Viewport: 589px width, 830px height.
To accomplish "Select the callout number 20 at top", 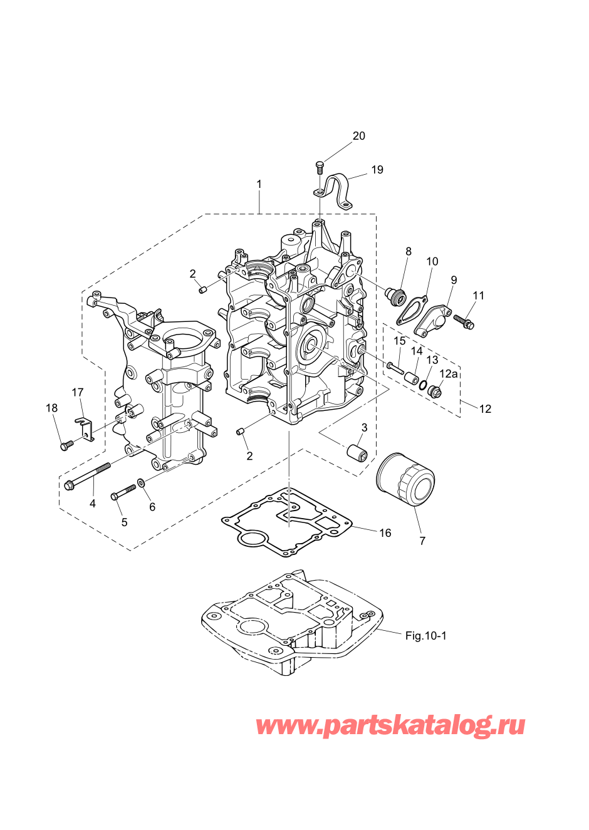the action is tap(358, 136).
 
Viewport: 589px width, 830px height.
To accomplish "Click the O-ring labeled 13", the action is tap(422, 386).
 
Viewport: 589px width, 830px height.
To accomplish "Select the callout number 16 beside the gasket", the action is tap(385, 533).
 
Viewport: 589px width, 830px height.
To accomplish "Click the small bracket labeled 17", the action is tap(85, 430).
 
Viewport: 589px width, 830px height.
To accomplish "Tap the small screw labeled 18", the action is tap(65, 447).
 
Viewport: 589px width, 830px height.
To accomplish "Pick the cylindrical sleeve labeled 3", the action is tap(357, 453).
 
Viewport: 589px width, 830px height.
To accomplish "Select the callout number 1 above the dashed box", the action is tap(259, 184).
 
